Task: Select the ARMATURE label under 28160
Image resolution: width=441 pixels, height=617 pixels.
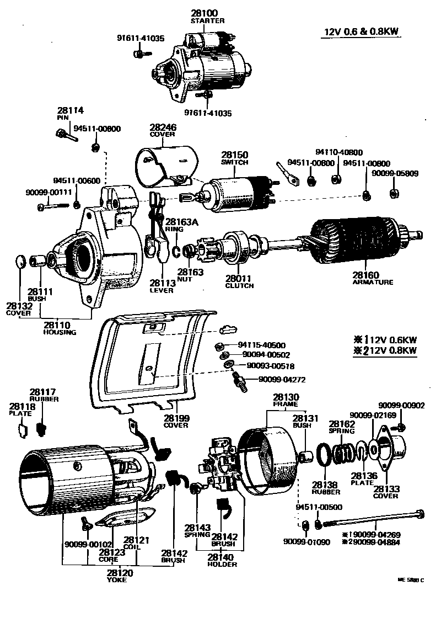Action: (373, 282)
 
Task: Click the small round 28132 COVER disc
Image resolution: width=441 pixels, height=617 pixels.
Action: (20, 260)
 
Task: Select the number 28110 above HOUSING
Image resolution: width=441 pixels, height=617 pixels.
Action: (60, 325)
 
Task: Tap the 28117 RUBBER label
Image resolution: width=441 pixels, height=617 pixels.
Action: (40, 395)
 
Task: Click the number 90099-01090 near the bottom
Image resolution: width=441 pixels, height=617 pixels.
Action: (306, 542)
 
